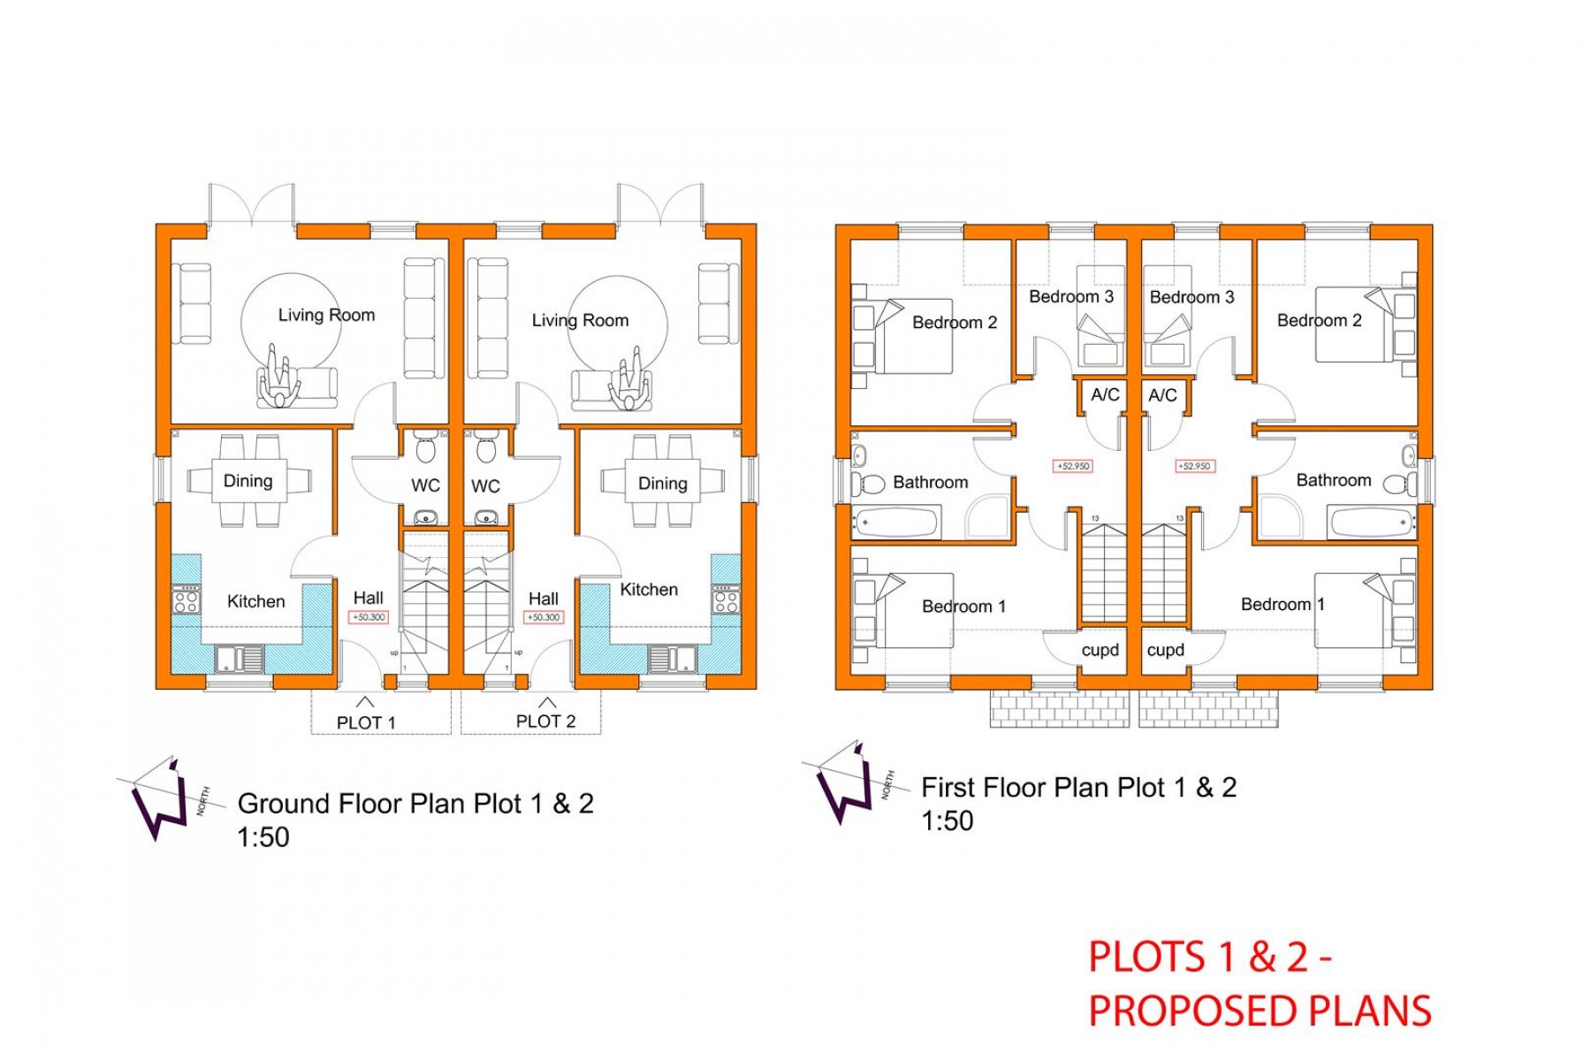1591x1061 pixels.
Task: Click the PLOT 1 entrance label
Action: click(x=366, y=722)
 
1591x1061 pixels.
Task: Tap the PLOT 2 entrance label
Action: click(x=545, y=721)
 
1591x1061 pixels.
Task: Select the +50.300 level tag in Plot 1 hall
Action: click(x=369, y=617)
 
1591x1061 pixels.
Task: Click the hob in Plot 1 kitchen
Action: click(x=186, y=601)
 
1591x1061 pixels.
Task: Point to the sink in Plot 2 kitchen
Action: click(x=671, y=658)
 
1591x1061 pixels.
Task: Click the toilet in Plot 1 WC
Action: click(x=425, y=449)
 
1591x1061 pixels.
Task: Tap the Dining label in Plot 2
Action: click(x=662, y=484)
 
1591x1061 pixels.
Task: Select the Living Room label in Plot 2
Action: click(x=580, y=321)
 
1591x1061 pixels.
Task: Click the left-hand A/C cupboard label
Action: click(x=1105, y=395)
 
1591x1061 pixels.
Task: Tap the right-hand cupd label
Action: click(x=1165, y=650)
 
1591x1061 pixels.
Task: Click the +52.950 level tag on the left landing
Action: click(x=1073, y=466)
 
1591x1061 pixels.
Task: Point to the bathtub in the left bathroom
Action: click(x=895, y=523)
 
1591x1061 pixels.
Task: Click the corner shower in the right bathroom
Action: click(x=1276, y=518)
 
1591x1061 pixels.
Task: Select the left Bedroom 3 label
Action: click(x=1070, y=297)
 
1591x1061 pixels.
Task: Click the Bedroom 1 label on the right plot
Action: click(x=1282, y=605)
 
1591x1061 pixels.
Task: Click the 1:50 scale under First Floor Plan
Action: click(x=947, y=821)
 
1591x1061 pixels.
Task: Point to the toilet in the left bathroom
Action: click(x=870, y=484)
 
